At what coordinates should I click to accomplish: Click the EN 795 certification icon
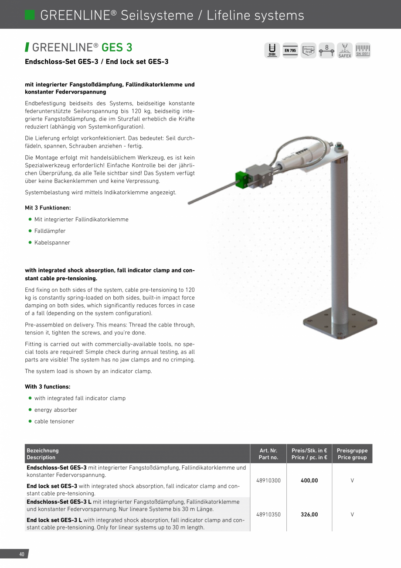click(290, 50)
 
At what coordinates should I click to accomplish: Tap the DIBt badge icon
click(272, 50)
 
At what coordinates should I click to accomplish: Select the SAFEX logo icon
click(344, 50)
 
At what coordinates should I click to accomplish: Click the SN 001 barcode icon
click(363, 50)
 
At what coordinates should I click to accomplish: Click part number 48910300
click(268, 480)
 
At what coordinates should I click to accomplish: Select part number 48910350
click(268, 514)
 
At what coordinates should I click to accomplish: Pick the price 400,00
click(309, 480)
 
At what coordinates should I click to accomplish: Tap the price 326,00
click(309, 514)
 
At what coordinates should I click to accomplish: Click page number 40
click(21, 554)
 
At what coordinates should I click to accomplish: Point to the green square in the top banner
click(30, 15)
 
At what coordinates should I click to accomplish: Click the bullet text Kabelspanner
click(52, 243)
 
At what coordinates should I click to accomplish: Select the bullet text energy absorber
click(56, 410)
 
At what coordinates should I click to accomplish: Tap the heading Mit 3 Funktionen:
click(48, 208)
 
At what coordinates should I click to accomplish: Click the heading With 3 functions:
click(48, 387)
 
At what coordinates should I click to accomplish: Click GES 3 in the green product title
click(117, 47)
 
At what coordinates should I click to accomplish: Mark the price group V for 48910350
click(352, 514)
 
